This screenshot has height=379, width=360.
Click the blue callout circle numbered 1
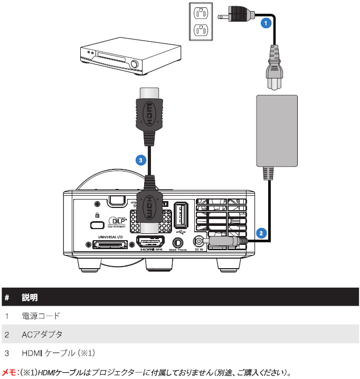point(267,22)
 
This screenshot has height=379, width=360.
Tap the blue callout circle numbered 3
point(139,158)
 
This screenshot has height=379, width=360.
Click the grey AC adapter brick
point(276,130)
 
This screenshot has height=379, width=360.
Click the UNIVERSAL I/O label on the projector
point(103,238)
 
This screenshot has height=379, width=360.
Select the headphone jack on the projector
point(178,241)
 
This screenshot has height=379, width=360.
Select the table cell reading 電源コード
point(41,316)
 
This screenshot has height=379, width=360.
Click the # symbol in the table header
point(7,298)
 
